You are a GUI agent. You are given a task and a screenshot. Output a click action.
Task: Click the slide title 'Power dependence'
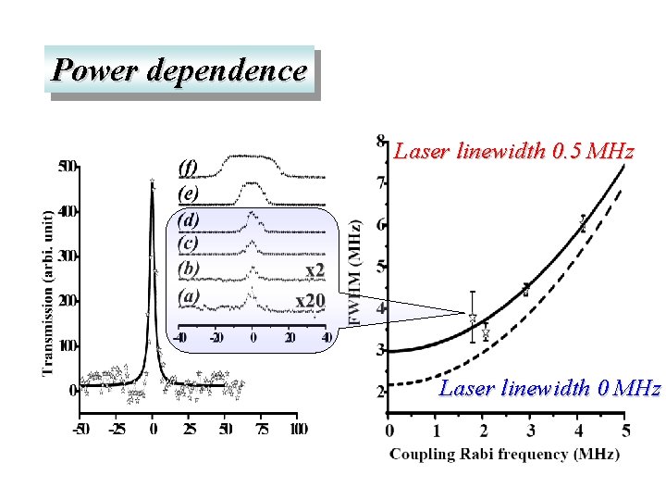coord(179,70)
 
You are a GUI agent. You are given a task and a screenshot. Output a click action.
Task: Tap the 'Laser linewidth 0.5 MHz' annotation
coord(514,152)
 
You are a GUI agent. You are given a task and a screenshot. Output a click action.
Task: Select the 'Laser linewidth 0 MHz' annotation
coord(549,388)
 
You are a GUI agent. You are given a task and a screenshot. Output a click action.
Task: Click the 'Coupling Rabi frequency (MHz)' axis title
coord(504,454)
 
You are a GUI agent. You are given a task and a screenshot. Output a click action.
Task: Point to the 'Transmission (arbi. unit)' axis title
coord(48,291)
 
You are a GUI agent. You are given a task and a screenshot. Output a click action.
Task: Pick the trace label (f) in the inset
coord(188,169)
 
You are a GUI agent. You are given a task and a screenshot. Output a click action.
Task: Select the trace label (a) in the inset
coord(188,298)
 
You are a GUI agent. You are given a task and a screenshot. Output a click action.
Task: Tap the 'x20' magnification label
coord(310,301)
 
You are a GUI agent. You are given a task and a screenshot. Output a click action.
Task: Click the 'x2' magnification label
coord(314,270)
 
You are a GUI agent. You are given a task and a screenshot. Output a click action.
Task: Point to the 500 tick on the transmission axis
coord(68,167)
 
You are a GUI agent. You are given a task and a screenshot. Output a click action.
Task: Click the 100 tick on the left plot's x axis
coord(298,430)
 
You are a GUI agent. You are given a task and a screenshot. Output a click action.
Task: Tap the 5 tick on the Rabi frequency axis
coord(625,431)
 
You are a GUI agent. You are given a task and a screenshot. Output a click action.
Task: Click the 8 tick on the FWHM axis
coord(381,141)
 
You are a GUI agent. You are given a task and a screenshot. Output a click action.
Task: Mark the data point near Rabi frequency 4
coord(583,222)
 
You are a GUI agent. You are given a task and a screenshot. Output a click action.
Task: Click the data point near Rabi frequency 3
coord(526,289)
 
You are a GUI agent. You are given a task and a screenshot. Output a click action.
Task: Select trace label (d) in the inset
coord(188,220)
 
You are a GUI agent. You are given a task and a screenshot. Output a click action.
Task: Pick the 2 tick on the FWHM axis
coord(381,393)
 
